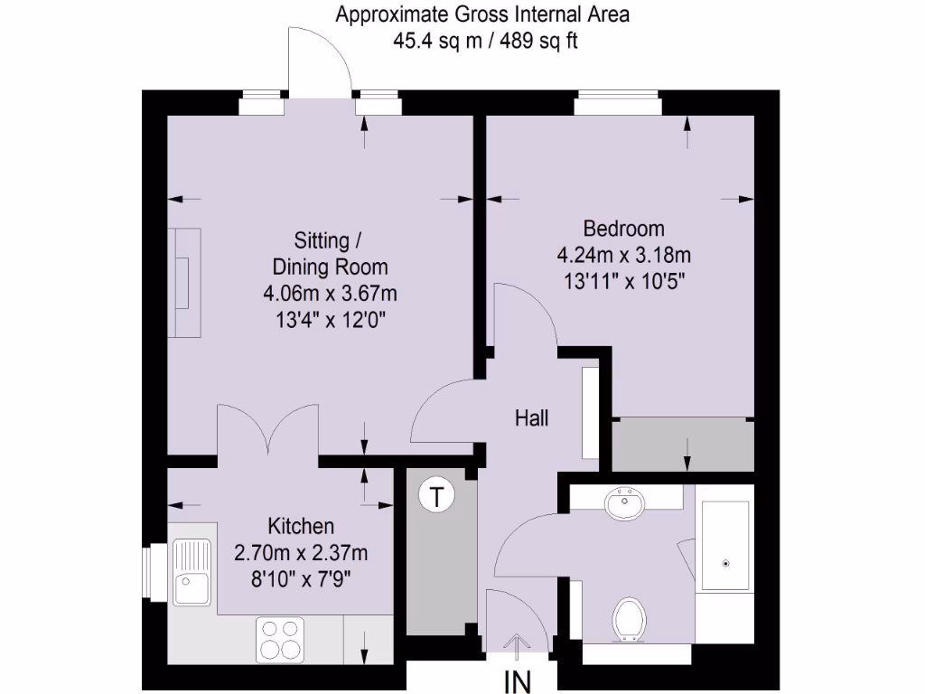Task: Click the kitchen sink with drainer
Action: pos(191,571)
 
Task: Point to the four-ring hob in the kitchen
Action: pos(281,639)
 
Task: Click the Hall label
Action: pos(531,418)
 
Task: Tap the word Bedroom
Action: pos(623,228)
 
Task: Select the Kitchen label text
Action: pos(301,526)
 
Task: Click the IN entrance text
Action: pos(518,680)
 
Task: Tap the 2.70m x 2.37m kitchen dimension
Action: pos(301,552)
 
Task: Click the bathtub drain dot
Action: pos(725,563)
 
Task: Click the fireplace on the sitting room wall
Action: pos(184,283)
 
